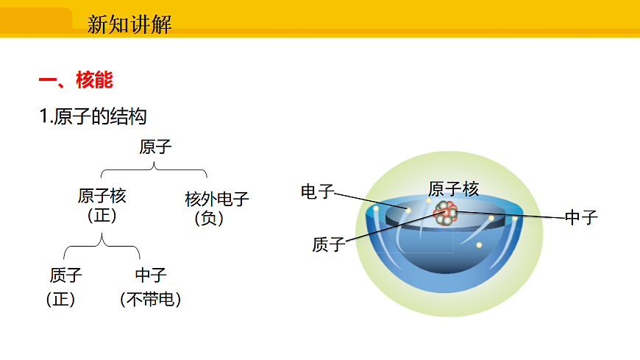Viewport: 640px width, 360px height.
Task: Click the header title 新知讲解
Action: [129, 24]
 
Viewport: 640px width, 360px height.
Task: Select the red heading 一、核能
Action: [75, 80]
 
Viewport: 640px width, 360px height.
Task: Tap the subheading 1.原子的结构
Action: [93, 116]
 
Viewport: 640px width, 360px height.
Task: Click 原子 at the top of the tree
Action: [155, 147]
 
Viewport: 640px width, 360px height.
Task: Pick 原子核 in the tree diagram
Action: [102, 196]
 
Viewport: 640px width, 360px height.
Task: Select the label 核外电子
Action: [217, 199]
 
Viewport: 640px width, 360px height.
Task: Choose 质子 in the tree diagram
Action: [66, 276]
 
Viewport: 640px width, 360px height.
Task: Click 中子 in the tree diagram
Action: [151, 276]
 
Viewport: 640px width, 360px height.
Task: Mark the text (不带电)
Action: [151, 299]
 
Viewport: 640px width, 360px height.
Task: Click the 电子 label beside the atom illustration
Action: [318, 192]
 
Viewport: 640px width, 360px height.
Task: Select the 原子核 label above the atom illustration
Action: [453, 189]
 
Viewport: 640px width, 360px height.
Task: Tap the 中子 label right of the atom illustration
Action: [581, 217]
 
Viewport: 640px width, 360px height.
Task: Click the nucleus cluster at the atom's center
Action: [446, 213]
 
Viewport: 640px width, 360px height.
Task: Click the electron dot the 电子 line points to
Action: [408, 211]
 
